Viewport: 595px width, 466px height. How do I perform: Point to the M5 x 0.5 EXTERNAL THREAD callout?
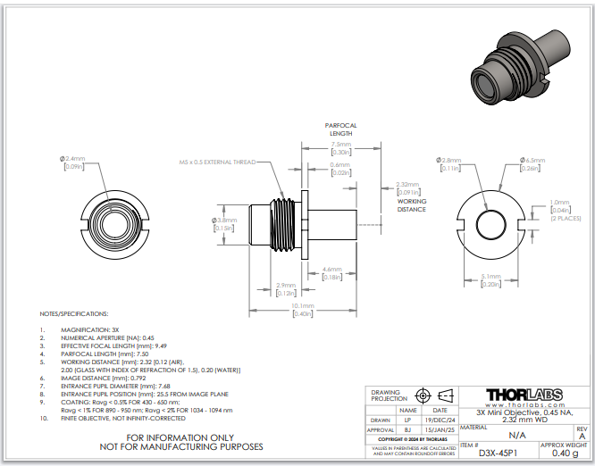[x=216, y=162]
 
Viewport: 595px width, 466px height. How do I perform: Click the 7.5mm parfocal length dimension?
[x=340, y=144]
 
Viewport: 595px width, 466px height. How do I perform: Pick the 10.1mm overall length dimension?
[x=301, y=306]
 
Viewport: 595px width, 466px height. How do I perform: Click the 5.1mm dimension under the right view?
[x=491, y=276]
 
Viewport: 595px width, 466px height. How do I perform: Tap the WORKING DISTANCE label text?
[x=412, y=205]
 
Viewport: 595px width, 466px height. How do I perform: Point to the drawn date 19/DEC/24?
[x=440, y=419]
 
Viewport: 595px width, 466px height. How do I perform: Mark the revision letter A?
[x=582, y=436]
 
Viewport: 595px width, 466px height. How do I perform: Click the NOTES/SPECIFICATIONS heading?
[x=74, y=315]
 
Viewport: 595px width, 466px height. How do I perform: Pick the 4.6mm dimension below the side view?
[x=331, y=269]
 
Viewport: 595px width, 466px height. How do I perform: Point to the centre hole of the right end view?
[x=491, y=221]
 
